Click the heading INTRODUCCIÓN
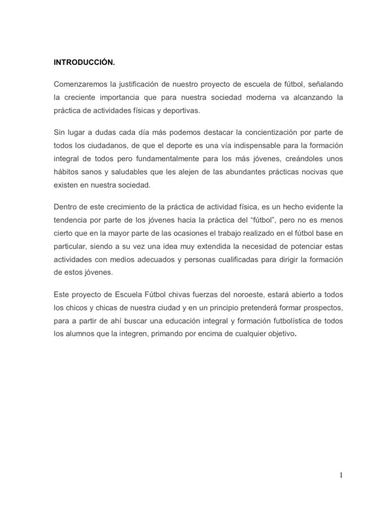click(84, 63)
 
